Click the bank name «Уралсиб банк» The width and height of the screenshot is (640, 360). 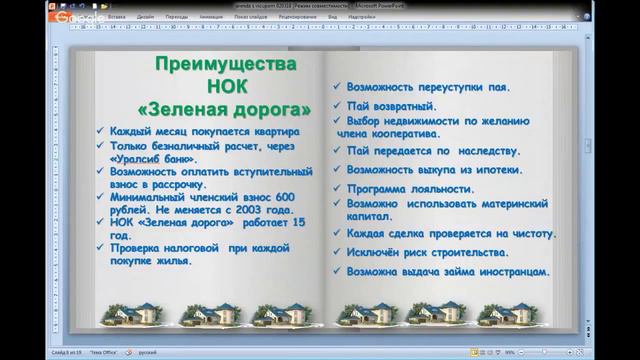tap(149, 158)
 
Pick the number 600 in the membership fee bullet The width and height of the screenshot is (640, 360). tap(281, 198)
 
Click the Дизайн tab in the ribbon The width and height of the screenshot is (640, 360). tap(147, 17)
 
